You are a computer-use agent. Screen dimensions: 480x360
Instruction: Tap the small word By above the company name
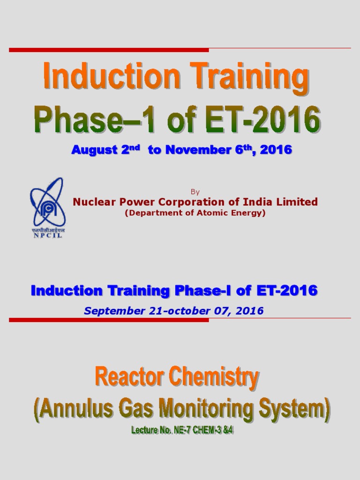(x=195, y=192)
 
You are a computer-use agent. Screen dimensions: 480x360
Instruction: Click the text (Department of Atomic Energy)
(x=195, y=213)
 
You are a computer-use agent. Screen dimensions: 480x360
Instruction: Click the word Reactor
(x=123, y=378)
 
